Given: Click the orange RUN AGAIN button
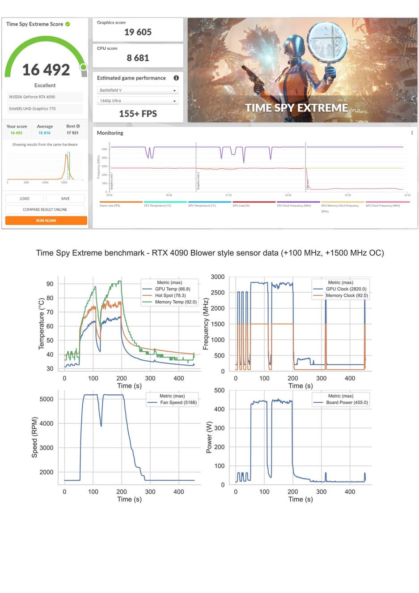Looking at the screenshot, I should coord(46,221).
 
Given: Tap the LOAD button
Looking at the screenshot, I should coord(25,198).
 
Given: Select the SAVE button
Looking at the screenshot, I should coord(65,198).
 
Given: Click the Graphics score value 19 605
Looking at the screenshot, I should coord(138,32).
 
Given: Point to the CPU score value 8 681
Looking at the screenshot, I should coord(138,58).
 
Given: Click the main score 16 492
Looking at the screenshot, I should coord(46,70).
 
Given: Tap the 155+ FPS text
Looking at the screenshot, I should coord(138,114).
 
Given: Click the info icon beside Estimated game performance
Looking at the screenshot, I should coord(176,78).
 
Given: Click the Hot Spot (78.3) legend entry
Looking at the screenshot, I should coord(170,295).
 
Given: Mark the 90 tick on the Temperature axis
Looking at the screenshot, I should coord(50,284).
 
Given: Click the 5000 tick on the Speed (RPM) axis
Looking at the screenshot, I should coord(46,399).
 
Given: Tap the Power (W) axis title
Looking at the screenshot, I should coord(209,437).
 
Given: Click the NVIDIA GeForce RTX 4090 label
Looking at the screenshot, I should coord(32,97).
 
